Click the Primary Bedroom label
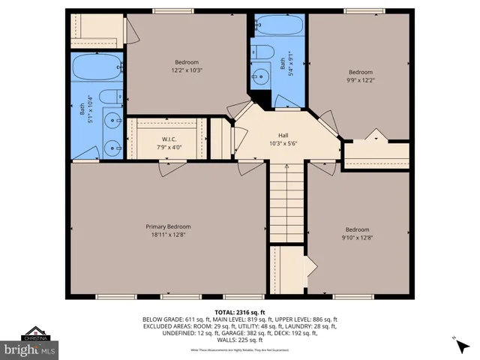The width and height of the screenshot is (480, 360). pyautogui.click(x=168, y=226)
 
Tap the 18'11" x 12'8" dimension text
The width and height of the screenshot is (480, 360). pyautogui.click(x=168, y=235)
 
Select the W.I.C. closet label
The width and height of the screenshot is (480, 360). pyautogui.click(x=168, y=139)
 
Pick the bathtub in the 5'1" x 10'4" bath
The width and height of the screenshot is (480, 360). pyautogui.click(x=98, y=68)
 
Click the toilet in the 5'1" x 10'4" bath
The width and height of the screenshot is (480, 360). pyautogui.click(x=110, y=97)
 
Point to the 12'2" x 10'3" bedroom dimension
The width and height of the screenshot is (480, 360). pyautogui.click(x=187, y=70)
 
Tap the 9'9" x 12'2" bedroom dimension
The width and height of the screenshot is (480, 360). pyautogui.click(x=359, y=80)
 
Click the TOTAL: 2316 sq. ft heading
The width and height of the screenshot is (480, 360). pyautogui.click(x=239, y=311)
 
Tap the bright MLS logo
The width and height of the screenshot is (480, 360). pyautogui.click(x=29, y=349)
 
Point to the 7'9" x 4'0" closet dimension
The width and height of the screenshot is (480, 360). pyautogui.click(x=168, y=147)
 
